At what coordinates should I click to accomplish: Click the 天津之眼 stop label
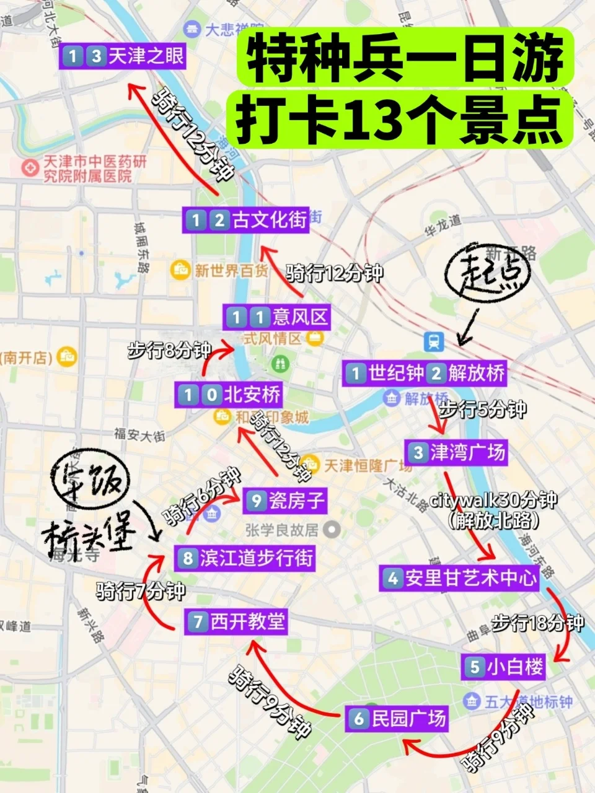(123, 57)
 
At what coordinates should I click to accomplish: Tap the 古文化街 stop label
(246, 220)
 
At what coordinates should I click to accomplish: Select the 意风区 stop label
(277, 318)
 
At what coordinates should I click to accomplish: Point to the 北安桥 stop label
(229, 394)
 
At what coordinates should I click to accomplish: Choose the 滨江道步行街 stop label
(245, 558)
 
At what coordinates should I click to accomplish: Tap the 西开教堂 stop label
(236, 621)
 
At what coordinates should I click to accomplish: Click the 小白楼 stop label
(505, 667)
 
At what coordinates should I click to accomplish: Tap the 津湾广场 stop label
(456, 452)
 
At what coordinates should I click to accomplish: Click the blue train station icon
(433, 341)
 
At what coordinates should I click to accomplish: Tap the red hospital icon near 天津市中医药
(29, 167)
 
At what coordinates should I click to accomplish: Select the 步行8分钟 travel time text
(169, 350)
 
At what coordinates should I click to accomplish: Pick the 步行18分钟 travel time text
(537, 623)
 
